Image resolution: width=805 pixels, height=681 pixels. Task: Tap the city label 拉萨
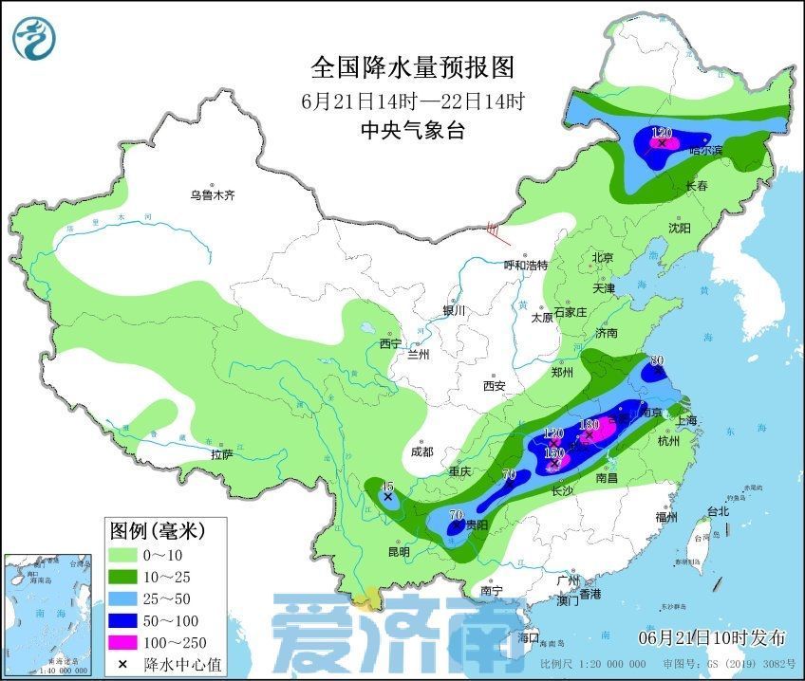click(x=222, y=454)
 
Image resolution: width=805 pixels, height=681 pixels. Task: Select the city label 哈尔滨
click(x=705, y=150)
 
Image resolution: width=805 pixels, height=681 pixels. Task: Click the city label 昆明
click(x=399, y=551)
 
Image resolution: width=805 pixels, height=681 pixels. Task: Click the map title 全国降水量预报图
click(x=412, y=67)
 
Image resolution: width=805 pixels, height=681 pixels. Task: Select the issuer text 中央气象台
click(x=412, y=132)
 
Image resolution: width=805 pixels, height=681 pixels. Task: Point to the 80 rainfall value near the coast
click(x=655, y=360)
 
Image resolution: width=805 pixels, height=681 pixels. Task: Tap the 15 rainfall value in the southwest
click(x=386, y=487)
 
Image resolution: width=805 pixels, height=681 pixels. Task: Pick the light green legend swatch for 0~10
click(x=124, y=554)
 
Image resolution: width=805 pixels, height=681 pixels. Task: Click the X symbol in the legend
click(x=123, y=664)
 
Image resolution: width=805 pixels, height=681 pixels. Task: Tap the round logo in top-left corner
click(x=35, y=35)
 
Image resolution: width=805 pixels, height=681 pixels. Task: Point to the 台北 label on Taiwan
click(x=718, y=511)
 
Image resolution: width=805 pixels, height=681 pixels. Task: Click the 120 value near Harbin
click(x=662, y=132)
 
